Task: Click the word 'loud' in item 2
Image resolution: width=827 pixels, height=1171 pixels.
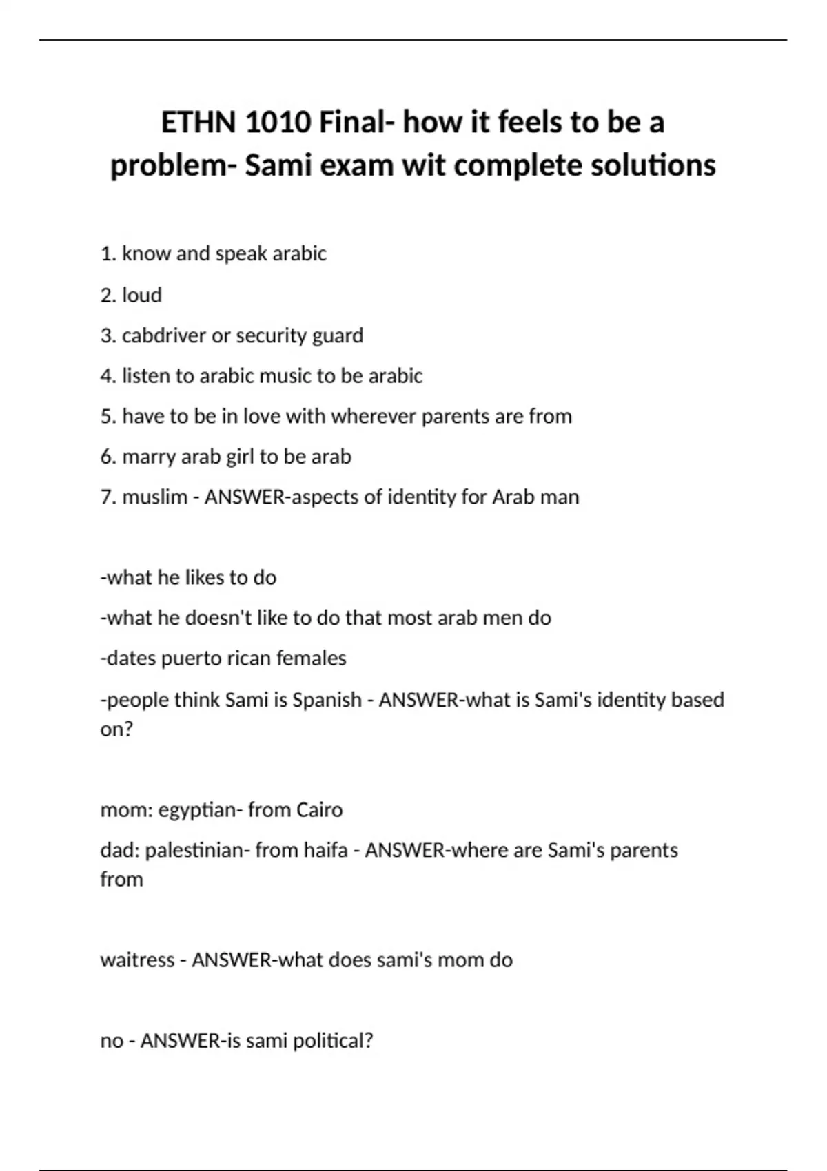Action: point(142,295)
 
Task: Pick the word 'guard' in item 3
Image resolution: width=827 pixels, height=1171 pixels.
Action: point(338,335)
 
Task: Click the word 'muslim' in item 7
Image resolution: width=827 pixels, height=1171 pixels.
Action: point(154,497)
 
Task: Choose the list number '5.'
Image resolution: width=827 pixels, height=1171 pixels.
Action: point(108,416)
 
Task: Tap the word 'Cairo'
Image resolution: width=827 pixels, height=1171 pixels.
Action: point(318,809)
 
